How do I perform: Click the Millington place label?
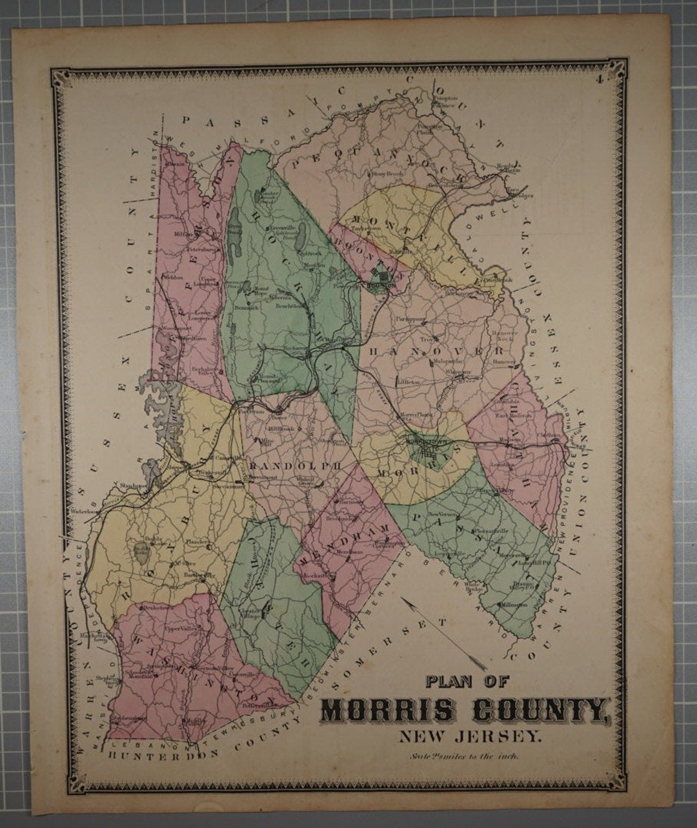coord(513,605)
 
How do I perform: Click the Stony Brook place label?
coord(386,174)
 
